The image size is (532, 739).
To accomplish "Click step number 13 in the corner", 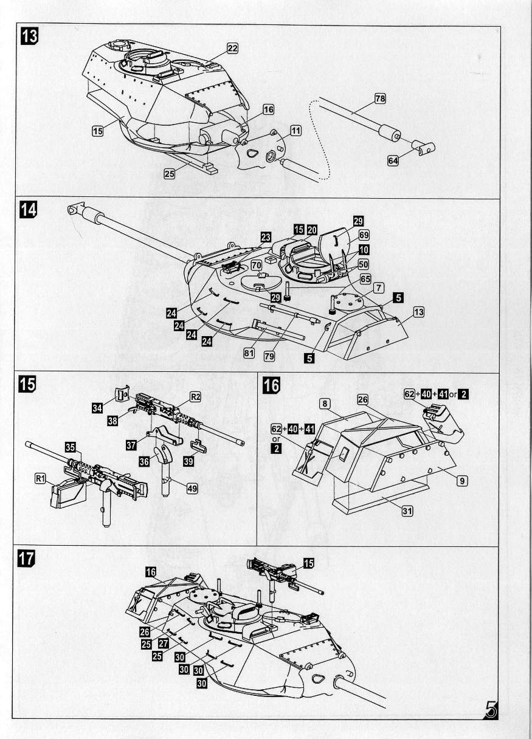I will coord(29,36).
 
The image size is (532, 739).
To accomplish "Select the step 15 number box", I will coord(27,384).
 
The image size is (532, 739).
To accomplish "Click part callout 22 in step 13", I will coord(232,49).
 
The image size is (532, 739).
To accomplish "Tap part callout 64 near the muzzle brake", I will coord(393,160).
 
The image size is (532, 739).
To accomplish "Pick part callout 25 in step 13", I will coord(170,174).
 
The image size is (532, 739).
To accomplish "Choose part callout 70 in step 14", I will coord(256,266).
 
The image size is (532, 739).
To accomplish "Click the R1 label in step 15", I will coord(41,479).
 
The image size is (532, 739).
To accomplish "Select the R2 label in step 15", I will coord(195,397).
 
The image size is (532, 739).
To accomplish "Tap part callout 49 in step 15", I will coord(191,487).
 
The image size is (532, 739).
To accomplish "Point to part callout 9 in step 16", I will coord(461,481).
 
